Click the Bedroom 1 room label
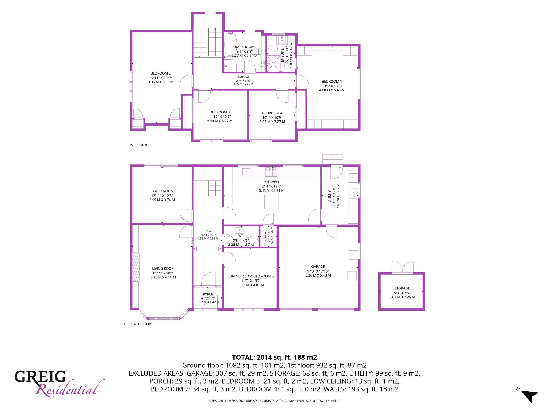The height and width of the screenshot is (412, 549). click(332, 82)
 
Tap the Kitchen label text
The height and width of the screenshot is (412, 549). click(272, 182)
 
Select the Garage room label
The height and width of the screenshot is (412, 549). click(318, 267)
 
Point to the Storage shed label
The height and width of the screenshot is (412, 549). click(402, 288)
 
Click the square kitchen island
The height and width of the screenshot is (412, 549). click(271, 202)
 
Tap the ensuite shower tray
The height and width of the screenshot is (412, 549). click(273, 63)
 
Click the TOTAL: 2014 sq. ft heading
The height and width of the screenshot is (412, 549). click(274, 357)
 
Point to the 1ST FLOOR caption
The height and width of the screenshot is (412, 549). click(138, 145)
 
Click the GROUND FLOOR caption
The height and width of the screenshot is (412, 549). click(137, 324)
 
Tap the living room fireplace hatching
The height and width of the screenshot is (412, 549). click(136, 267)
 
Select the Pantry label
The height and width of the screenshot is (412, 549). click(266, 236)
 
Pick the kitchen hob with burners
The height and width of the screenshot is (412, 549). click(271, 172)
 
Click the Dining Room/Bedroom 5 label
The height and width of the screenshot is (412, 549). click(251, 276)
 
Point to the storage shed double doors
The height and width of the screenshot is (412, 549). click(403, 267)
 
